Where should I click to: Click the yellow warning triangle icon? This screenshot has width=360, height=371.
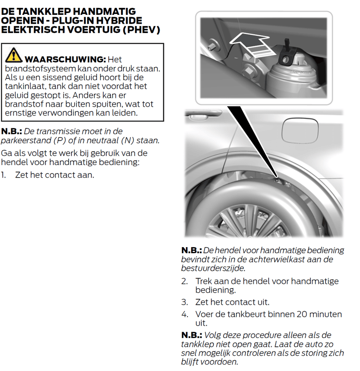tap(13, 55)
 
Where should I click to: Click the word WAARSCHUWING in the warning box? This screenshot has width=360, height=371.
tap(64, 59)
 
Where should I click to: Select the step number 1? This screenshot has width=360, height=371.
tap(4, 175)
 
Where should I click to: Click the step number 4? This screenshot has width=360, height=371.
tap(185, 314)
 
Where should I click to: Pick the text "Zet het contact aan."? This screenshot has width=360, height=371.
tap(54, 175)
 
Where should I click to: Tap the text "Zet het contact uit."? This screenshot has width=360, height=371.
tap(232, 302)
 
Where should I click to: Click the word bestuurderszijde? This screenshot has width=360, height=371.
tap(212, 268)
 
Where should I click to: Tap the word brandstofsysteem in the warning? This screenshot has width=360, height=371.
tap(35, 69)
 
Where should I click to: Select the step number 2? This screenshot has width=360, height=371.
tap(185, 281)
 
